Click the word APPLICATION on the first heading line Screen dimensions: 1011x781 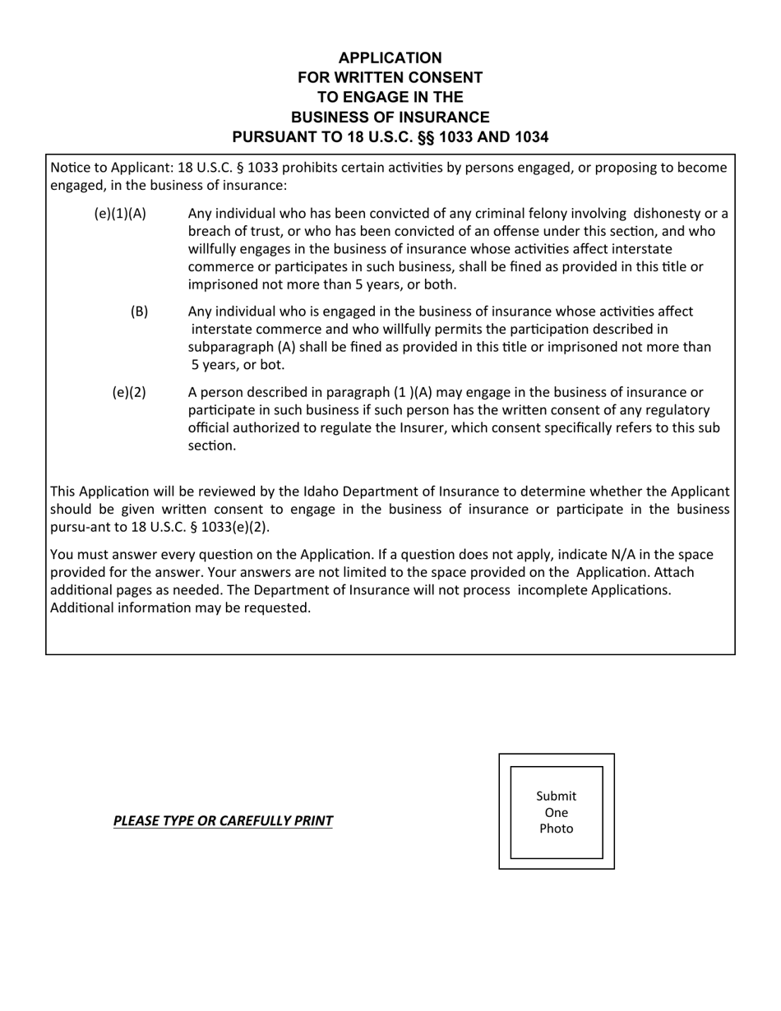pyautogui.click(x=390, y=58)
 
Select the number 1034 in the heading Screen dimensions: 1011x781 pyautogui.click(x=523, y=136)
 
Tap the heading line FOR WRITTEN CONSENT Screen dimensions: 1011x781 pyautogui.click(x=390, y=77)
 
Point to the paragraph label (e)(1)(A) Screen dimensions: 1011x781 pyautogui.click(x=120, y=214)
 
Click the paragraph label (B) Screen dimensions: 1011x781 pyautogui.click(x=139, y=311)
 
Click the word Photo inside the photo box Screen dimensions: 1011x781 pyautogui.click(x=556, y=829)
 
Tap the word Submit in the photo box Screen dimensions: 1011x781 pyautogui.click(x=556, y=796)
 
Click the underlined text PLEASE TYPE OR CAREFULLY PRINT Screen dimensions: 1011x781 pyautogui.click(x=223, y=820)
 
